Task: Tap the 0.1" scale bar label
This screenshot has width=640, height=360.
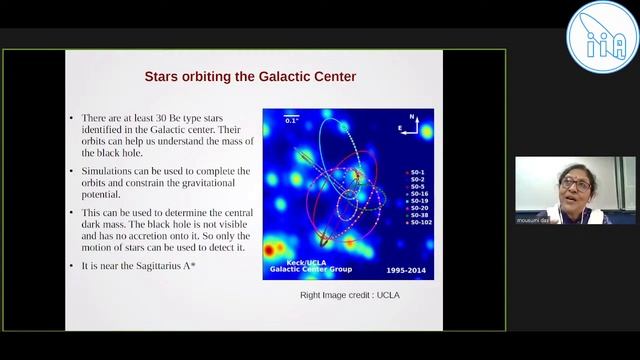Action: pyautogui.click(x=291, y=119)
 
